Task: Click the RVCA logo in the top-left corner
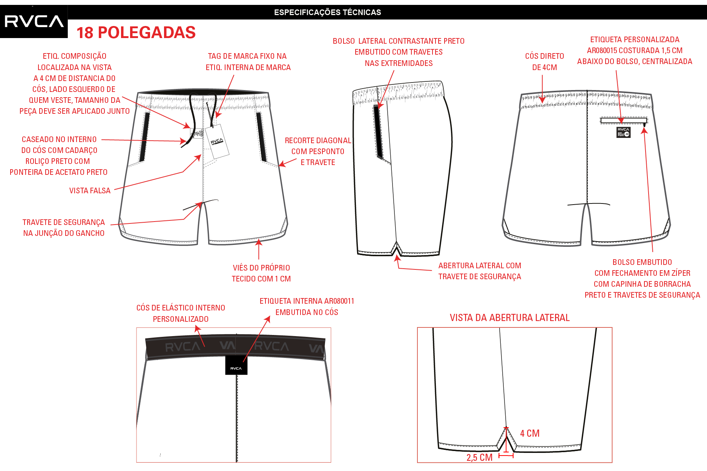click(34, 21)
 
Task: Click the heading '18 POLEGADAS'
click(136, 33)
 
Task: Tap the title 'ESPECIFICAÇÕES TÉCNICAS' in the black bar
click(328, 12)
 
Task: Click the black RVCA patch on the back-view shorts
click(623, 132)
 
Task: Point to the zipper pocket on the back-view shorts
click(624, 121)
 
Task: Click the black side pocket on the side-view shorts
click(378, 132)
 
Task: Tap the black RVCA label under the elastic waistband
click(236, 365)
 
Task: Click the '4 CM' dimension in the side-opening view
click(530, 433)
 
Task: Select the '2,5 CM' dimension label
click(480, 457)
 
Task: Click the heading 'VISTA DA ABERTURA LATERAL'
click(509, 318)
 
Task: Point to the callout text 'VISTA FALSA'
click(90, 191)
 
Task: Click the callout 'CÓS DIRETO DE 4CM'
click(544, 62)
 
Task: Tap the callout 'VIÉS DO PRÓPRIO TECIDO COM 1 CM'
click(261, 273)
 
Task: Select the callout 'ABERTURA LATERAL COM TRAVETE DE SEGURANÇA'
click(480, 271)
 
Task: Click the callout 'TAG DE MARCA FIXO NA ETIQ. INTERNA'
click(248, 62)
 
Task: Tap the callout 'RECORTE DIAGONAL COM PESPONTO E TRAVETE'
click(318, 151)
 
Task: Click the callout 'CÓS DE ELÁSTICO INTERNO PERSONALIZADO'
click(181, 313)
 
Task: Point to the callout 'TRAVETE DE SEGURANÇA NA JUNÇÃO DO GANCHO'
click(64, 228)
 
